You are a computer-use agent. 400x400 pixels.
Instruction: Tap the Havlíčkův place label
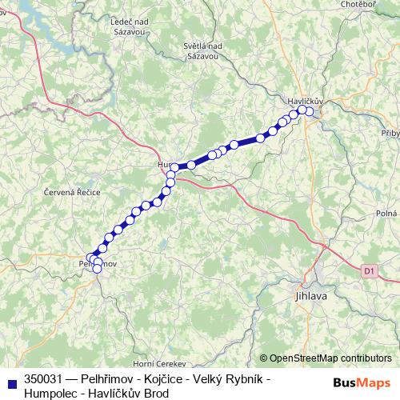tap(304, 102)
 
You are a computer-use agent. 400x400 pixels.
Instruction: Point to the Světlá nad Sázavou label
tap(202, 51)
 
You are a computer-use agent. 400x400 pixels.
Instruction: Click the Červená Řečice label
tap(71, 194)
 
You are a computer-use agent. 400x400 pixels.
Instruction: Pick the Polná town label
tap(387, 214)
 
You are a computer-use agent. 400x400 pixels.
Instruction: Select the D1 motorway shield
tap(368, 271)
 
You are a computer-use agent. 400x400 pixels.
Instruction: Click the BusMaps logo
tap(362, 382)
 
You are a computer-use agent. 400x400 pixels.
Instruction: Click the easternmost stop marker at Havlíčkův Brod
tap(310, 112)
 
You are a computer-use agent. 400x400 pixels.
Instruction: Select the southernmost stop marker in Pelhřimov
tap(98, 269)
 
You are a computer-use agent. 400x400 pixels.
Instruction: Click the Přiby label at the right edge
tap(390, 134)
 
